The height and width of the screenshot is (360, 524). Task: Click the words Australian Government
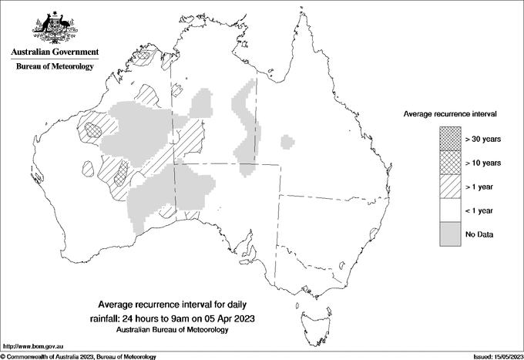point(55,52)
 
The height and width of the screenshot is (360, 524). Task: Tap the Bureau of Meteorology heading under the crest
point(55,67)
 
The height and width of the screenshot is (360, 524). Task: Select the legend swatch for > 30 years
point(450,139)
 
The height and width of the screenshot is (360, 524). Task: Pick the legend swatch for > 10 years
point(450,163)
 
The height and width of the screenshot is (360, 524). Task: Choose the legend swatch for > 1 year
point(450,187)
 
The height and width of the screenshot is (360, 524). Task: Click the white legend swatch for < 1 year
point(450,210)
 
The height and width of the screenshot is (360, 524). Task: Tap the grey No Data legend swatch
point(450,234)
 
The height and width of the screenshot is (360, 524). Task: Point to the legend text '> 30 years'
point(483,139)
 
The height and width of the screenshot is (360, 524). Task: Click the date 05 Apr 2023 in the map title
point(229,318)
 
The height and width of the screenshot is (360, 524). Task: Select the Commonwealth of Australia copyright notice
point(79,356)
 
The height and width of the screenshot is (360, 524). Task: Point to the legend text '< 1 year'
point(480,210)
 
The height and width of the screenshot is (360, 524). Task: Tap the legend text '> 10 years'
point(483,163)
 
